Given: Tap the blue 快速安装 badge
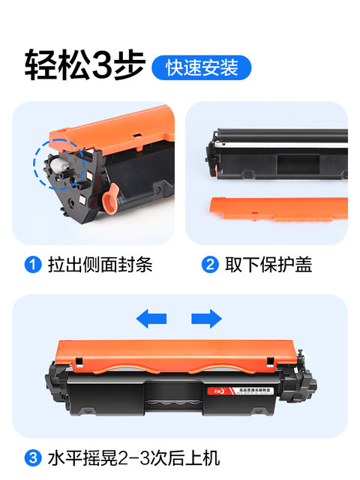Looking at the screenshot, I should (201, 67).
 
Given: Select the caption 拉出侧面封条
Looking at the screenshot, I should (100, 265).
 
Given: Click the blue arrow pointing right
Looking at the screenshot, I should (206, 319).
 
